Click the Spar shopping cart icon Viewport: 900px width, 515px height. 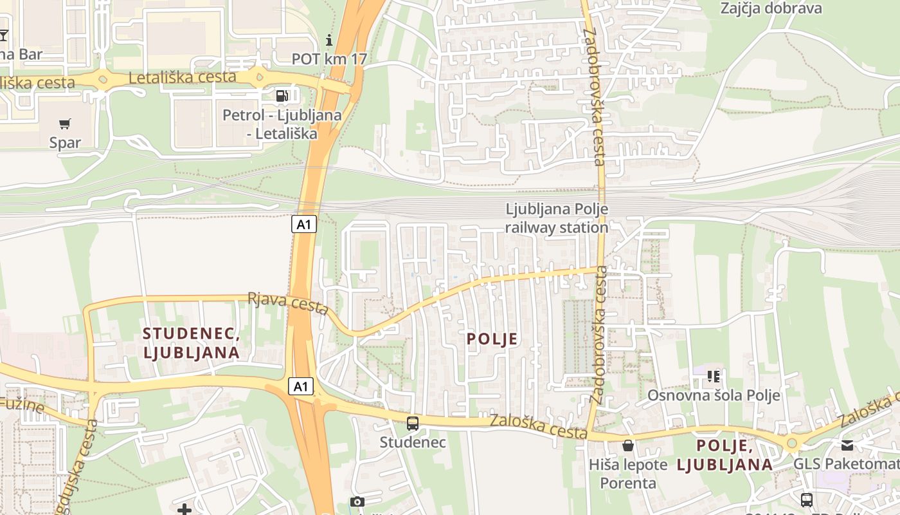tap(65, 124)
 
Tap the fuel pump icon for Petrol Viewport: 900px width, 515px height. tap(282, 96)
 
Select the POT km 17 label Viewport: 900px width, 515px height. tap(329, 59)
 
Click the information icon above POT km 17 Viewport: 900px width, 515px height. tap(330, 41)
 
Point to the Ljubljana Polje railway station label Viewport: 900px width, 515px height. tap(557, 218)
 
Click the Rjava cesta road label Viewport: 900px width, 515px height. tap(288, 303)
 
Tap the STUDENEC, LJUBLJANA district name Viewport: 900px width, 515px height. tap(192, 343)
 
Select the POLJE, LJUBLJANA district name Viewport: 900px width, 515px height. tap(724, 454)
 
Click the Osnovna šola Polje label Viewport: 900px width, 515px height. tap(714, 395)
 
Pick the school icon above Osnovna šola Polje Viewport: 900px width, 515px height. tap(713, 376)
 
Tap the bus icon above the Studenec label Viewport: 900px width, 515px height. tap(413, 424)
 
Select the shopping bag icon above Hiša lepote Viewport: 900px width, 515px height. tap(628, 445)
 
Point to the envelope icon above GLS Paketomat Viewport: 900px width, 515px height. tap(847, 445)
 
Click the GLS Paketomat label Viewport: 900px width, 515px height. tap(846, 464)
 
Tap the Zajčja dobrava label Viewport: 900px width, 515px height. tap(771, 8)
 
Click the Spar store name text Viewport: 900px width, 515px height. tap(65, 143)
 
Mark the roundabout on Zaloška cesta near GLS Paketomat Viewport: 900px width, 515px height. tap(792, 444)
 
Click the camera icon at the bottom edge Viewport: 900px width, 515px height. tap(357, 502)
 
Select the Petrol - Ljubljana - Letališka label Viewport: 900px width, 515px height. tap(282, 124)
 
